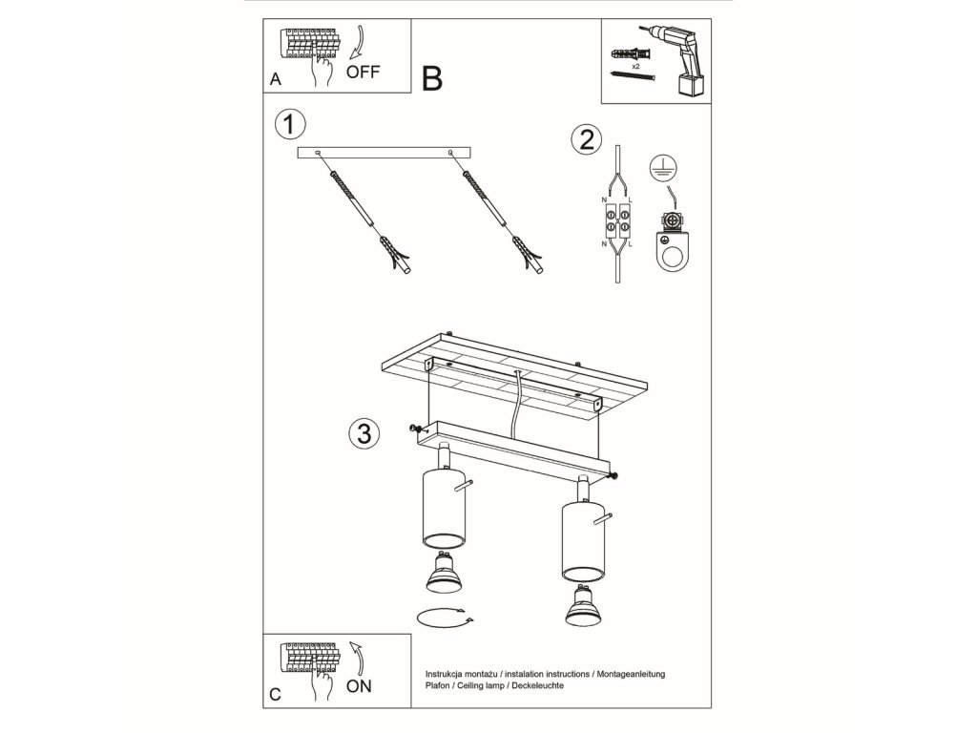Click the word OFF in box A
click(x=363, y=73)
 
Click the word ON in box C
click(x=359, y=686)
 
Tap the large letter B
click(x=432, y=79)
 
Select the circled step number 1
click(x=290, y=124)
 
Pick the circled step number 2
click(x=587, y=139)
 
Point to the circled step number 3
click(x=364, y=433)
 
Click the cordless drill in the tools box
click(x=678, y=61)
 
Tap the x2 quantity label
click(x=635, y=66)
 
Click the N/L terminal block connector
click(x=617, y=221)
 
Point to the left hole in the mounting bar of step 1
click(x=318, y=153)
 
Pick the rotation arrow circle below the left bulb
click(x=444, y=618)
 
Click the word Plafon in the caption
click(x=437, y=685)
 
